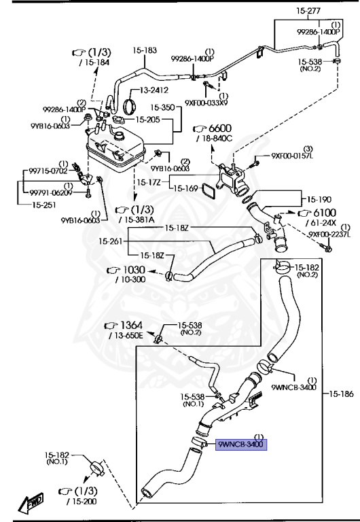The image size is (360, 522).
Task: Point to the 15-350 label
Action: (163, 107)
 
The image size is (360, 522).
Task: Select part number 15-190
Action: (317, 200)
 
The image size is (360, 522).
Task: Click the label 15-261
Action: (111, 242)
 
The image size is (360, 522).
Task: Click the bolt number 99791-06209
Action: (48, 192)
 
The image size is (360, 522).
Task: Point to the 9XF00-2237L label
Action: (329, 234)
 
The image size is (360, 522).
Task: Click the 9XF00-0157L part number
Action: (292, 156)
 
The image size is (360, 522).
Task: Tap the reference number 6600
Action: (220, 128)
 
